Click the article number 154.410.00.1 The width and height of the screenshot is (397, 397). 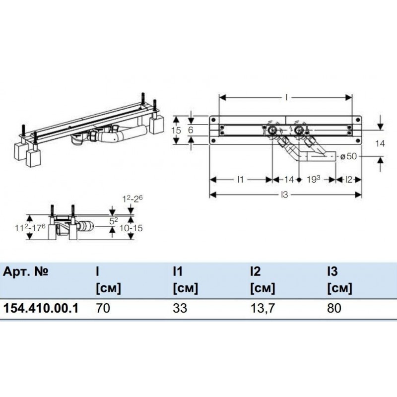coord(41,308)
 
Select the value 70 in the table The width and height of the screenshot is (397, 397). coord(103,308)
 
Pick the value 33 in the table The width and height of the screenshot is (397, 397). coord(180,308)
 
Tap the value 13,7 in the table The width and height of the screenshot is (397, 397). coord(263,308)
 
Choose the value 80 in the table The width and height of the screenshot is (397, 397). coord(334,308)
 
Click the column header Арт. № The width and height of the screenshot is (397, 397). coord(26,271)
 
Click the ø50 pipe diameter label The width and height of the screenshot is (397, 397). coord(348,156)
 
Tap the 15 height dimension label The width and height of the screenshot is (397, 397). coord(176,130)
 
